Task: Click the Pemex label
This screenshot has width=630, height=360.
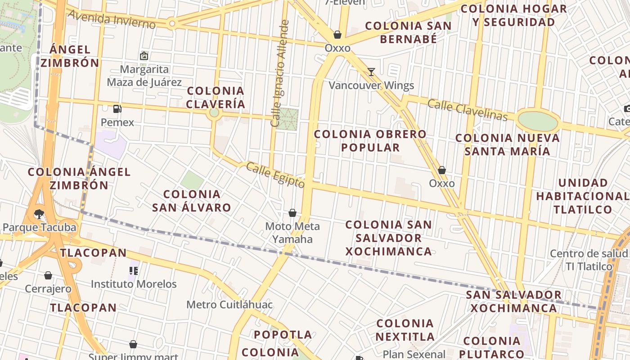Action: [117, 122]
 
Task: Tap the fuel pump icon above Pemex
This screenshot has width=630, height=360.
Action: [117, 108]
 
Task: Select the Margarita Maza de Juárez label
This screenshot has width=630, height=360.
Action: [144, 76]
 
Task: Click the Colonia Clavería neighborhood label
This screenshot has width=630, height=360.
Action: [216, 98]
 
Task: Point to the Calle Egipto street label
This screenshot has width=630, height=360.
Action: [275, 175]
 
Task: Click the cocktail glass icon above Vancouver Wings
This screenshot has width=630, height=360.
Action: [371, 72]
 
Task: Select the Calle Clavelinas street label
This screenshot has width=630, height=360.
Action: [467, 110]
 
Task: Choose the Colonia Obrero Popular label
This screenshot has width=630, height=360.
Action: [370, 141]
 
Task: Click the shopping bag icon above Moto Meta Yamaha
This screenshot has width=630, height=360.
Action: [292, 213]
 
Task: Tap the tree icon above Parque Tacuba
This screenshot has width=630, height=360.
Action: [39, 214]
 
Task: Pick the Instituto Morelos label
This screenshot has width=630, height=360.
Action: [134, 284]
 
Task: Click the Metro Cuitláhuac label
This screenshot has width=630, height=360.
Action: [229, 305]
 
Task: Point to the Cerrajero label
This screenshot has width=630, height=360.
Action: [48, 288]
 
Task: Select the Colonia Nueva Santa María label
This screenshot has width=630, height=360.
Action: [508, 144]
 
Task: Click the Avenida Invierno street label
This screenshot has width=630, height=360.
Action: [112, 20]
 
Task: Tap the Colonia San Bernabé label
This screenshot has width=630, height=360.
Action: [408, 32]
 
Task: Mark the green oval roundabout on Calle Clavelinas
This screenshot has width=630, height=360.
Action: [538, 121]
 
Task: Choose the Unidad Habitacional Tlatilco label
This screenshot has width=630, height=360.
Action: [583, 196]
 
